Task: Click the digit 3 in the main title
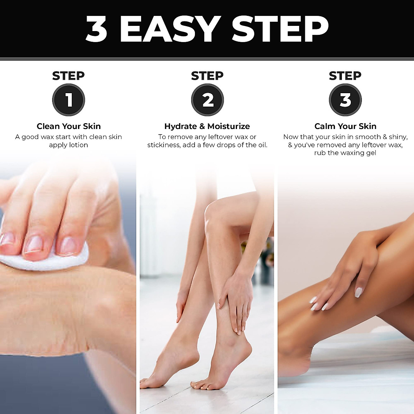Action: pyautogui.click(x=96, y=29)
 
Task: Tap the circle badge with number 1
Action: pyautogui.click(x=69, y=100)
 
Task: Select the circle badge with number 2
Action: pyautogui.click(x=207, y=100)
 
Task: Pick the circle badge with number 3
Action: pyautogui.click(x=345, y=100)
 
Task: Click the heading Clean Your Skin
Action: pyautogui.click(x=69, y=126)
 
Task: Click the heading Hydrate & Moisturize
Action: pyautogui.click(x=207, y=126)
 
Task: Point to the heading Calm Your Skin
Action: pyautogui.click(x=345, y=126)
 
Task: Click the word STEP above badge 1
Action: pyautogui.click(x=68, y=76)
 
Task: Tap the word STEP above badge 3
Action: pyautogui.click(x=345, y=76)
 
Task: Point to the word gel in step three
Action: pyautogui.click(x=371, y=153)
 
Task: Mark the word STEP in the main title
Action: pyautogui.click(x=279, y=29)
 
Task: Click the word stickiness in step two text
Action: pyautogui.click(x=164, y=145)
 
